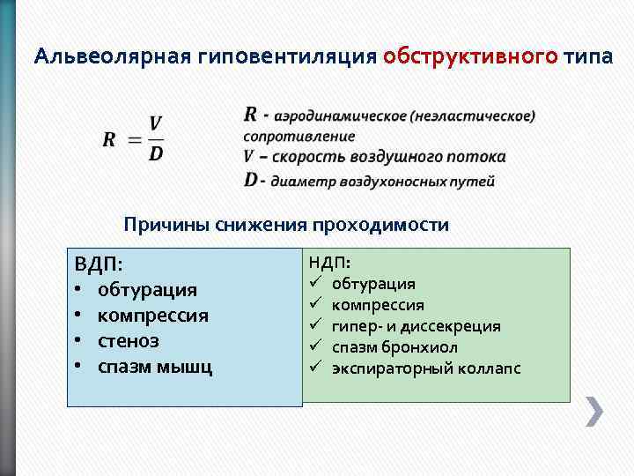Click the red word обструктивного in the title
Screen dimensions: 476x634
point(470,56)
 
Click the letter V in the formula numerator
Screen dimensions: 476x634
point(155,123)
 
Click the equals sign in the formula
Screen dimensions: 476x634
point(134,139)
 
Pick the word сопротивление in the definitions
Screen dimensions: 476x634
point(299,137)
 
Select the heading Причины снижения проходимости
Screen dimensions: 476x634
point(286,225)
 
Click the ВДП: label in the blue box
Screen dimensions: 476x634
point(99,264)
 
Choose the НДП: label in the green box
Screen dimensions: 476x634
point(329,263)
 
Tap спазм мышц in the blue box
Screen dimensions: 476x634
point(154,366)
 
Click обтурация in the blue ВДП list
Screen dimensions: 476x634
point(147,290)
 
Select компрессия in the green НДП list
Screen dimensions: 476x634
point(378,305)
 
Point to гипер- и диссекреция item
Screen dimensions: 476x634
point(416,326)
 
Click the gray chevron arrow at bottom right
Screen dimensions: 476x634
point(594,412)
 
